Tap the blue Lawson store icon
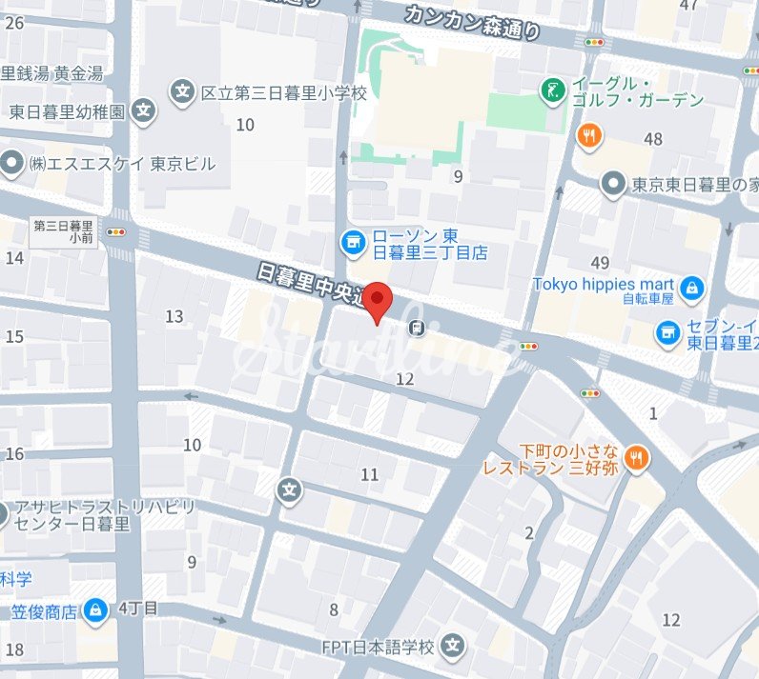(353, 242)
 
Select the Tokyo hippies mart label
(604, 284)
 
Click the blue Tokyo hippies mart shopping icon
(692, 286)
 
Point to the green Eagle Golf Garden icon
(552, 91)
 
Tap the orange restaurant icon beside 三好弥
(638, 458)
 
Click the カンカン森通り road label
(472, 20)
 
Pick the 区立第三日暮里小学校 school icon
(182, 92)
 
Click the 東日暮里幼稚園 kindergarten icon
(144, 110)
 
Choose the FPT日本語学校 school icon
(453, 648)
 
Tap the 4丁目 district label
(138, 608)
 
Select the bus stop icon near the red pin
(417, 329)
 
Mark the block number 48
(653, 140)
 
